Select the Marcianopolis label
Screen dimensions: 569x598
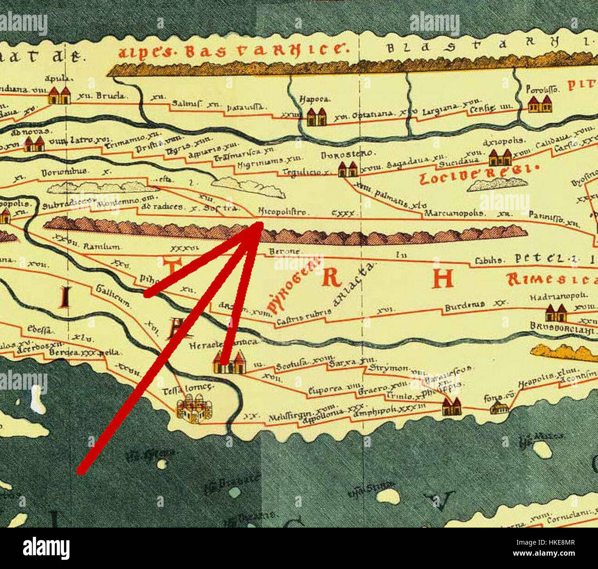[454, 213]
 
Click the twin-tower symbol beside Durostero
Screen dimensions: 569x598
[348, 169]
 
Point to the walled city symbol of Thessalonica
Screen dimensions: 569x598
[195, 410]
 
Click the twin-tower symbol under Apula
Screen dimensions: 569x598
[59, 95]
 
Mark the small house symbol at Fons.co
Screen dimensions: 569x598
[499, 408]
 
